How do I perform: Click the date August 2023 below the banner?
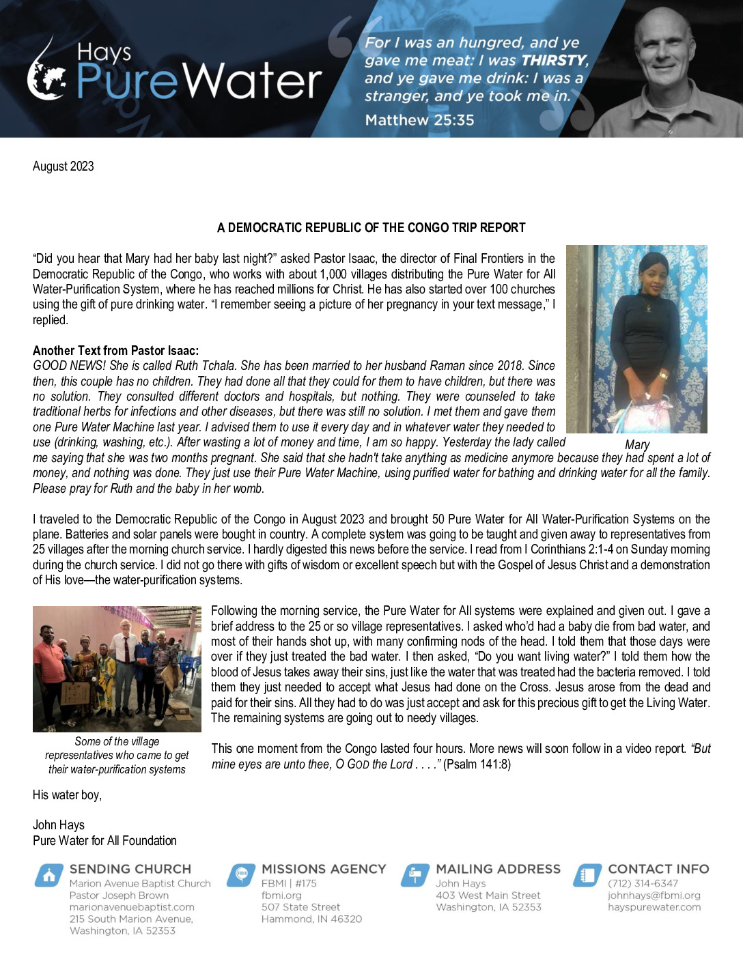[64, 166]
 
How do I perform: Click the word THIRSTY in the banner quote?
[554, 60]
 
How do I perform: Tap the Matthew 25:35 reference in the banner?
[419, 120]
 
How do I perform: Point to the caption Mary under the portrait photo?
[637, 444]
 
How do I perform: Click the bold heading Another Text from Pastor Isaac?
[115, 350]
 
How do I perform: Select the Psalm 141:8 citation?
[477, 764]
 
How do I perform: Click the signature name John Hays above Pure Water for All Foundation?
[59, 824]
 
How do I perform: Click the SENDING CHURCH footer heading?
[130, 869]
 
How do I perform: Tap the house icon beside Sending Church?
[48, 876]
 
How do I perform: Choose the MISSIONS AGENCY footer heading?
[324, 869]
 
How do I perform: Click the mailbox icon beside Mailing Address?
[415, 876]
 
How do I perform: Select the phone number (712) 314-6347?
[643, 883]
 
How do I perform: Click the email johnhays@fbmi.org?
[654, 895]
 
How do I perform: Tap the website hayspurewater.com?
[654, 907]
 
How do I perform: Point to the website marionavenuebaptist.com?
[132, 907]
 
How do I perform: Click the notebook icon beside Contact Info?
[587, 876]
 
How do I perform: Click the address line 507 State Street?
[300, 907]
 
